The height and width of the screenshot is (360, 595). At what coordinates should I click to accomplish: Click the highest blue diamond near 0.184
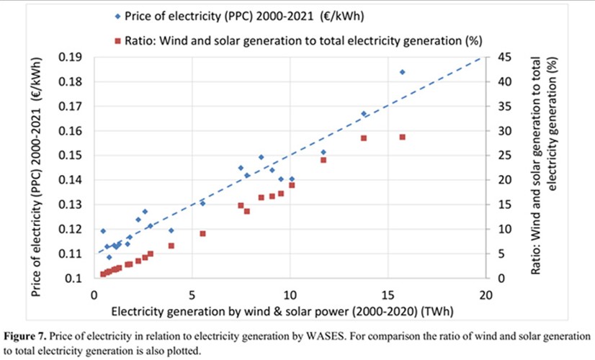click(x=402, y=72)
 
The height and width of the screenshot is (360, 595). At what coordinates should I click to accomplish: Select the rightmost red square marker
click(x=402, y=137)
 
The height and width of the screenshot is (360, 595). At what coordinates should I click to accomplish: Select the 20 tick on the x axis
click(x=486, y=295)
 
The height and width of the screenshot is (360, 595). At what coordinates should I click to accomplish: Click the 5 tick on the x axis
click(x=192, y=295)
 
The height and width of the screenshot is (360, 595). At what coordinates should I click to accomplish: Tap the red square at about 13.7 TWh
click(x=363, y=138)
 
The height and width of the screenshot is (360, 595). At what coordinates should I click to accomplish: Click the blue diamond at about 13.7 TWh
click(x=363, y=114)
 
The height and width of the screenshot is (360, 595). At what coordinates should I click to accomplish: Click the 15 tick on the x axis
click(x=388, y=295)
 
